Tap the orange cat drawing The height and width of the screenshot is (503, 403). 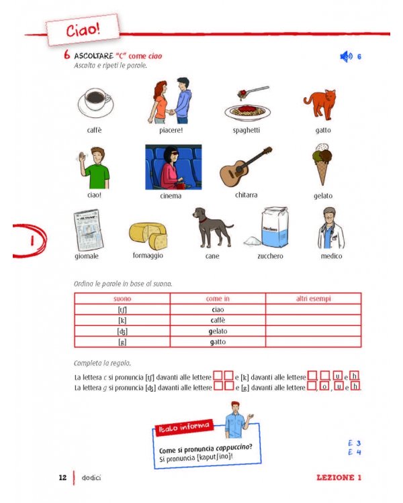tap(321, 103)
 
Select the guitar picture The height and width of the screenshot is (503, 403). tap(246, 168)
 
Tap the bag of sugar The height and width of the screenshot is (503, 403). tap(272, 227)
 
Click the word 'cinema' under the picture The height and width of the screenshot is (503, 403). tap(171, 196)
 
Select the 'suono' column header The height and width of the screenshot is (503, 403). tap(122, 298)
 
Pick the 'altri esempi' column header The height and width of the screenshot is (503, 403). tap(314, 298)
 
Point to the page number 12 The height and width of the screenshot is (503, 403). tap(62, 478)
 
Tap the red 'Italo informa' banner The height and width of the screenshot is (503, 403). tap(183, 427)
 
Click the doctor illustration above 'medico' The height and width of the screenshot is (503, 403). tap(331, 228)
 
